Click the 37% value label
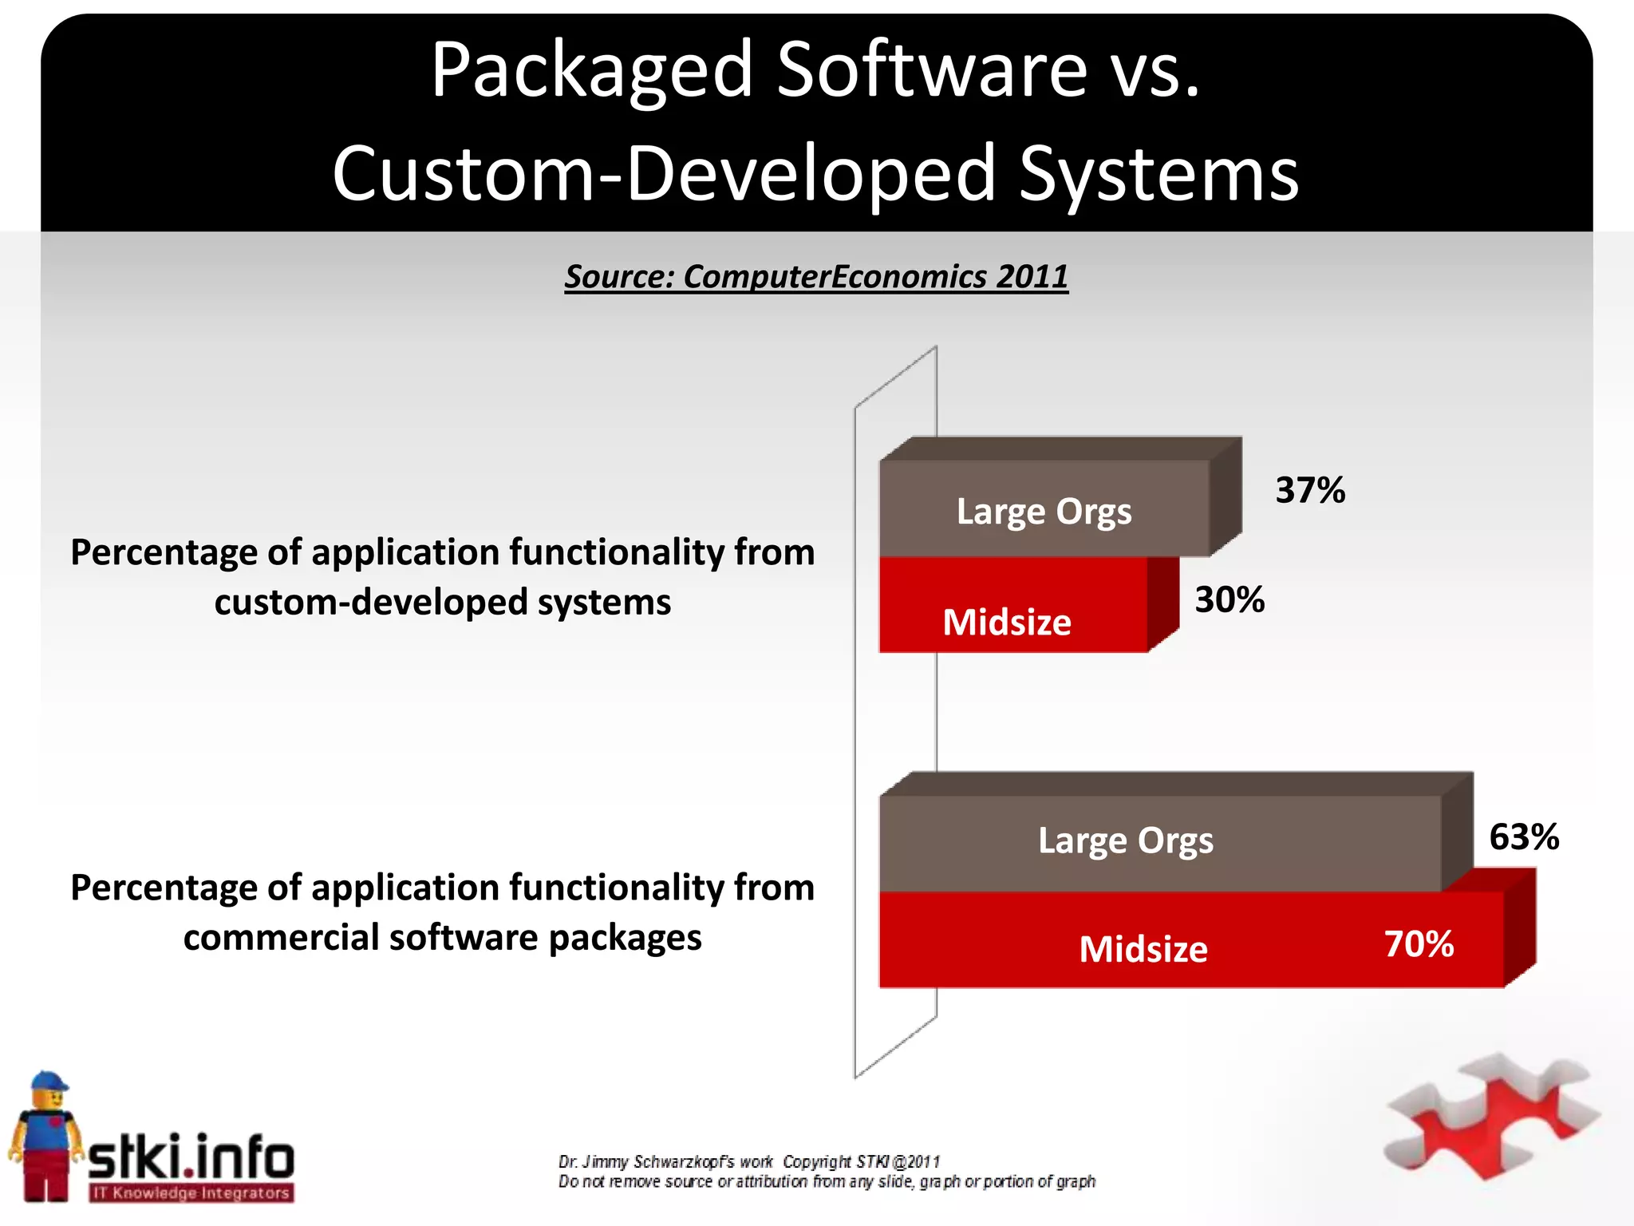[1310, 490]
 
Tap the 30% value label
[1229, 599]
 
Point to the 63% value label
[1524, 837]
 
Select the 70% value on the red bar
[1419, 944]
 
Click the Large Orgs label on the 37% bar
[1044, 512]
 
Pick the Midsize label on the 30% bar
[1007, 623]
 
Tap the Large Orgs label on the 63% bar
[1126, 840]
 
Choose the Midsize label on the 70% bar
[1143, 949]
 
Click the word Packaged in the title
[592, 72]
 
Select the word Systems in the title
[1159, 174]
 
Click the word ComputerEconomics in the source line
[835, 277]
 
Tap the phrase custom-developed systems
[443, 602]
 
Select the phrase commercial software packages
[443, 937]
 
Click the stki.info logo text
[191, 1157]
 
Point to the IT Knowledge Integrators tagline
[191, 1193]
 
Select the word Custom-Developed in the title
[664, 174]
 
